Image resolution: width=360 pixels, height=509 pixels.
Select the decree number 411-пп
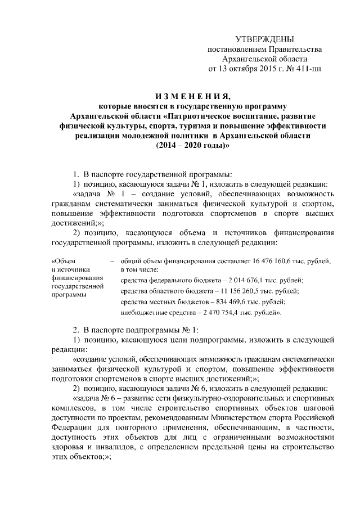309,70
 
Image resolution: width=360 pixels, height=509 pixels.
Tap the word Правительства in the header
296,49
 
